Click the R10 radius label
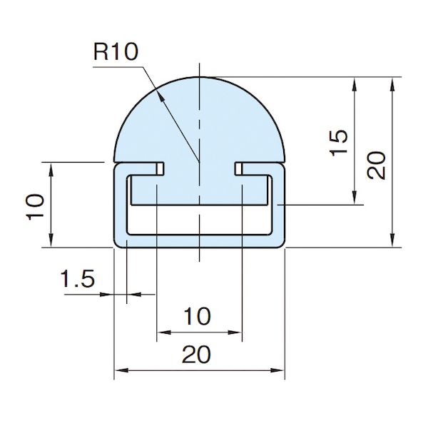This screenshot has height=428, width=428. click(x=116, y=52)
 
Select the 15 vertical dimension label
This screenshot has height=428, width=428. click(x=339, y=143)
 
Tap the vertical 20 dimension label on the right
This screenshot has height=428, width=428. click(x=377, y=165)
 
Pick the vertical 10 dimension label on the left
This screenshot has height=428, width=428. click(x=35, y=207)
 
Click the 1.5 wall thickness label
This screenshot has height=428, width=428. click(x=78, y=278)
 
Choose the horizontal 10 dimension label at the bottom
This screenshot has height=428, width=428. click(x=198, y=316)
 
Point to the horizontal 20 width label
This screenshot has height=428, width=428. click(x=196, y=355)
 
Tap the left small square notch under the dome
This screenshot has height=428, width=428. click(x=160, y=168)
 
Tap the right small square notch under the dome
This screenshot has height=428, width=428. click(x=238, y=168)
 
